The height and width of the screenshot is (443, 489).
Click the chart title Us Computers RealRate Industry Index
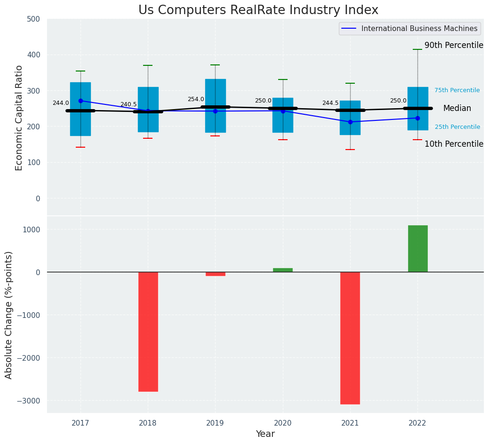[x=258, y=10]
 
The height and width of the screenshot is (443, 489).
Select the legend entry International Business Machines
[x=419, y=29]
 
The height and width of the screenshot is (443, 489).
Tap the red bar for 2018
[x=148, y=332]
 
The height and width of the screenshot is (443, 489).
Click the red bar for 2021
[x=350, y=338]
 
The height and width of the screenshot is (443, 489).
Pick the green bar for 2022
[x=417, y=248]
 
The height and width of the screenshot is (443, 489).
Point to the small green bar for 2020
[x=283, y=270]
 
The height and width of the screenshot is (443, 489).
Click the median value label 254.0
[x=196, y=99]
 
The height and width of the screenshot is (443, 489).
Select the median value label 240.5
[x=128, y=104]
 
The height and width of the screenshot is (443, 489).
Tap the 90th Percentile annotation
[x=454, y=46]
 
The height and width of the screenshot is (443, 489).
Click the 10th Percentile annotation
[x=454, y=144]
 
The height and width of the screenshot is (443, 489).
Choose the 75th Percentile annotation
[x=457, y=90]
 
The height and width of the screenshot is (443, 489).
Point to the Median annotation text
[x=457, y=109]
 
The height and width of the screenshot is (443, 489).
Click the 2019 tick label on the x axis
[x=216, y=423]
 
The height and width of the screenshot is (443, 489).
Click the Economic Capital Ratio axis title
[x=19, y=118]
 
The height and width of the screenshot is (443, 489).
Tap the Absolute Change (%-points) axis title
[x=9, y=315]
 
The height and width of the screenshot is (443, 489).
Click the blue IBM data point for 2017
[x=80, y=101]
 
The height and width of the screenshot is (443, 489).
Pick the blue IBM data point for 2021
[x=350, y=122]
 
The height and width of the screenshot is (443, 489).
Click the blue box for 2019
[x=216, y=94]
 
